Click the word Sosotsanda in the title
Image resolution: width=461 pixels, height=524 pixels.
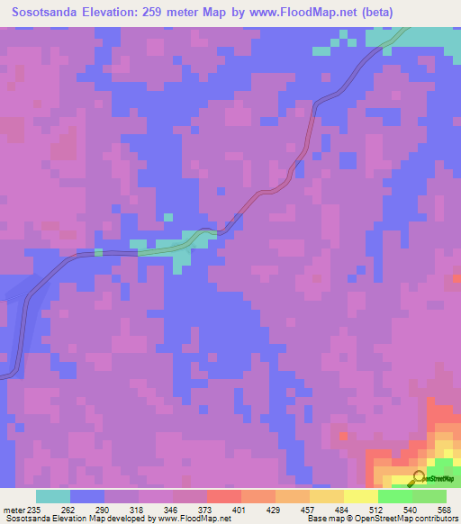[x=42, y=12]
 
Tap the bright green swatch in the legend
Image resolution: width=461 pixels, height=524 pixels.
[x=394, y=496]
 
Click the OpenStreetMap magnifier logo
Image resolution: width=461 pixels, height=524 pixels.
[x=419, y=476]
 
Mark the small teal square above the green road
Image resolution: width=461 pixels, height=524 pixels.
[x=167, y=216]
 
